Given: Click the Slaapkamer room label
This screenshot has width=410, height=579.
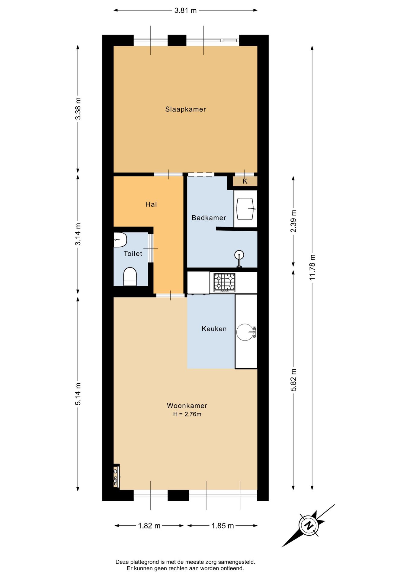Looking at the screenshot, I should click(185, 109).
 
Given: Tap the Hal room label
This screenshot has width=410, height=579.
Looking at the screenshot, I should click(151, 204).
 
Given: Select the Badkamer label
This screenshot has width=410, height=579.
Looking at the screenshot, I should click(209, 218).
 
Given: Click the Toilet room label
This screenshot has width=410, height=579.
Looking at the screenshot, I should click(133, 254).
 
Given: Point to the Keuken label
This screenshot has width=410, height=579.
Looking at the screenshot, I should click(214, 329).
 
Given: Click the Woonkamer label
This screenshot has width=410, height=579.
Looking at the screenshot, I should click(187, 406).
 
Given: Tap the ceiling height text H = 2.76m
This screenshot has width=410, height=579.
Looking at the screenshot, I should click(187, 414).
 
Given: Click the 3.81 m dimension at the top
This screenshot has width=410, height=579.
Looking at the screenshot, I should click(185, 11).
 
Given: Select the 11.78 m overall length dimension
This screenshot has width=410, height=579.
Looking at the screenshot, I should click(312, 267).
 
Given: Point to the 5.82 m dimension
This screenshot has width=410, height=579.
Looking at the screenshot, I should click(293, 380).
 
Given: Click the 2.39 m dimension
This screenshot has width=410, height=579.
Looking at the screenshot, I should click(293, 221).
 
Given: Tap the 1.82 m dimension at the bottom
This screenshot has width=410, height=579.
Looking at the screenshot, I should click(149, 526).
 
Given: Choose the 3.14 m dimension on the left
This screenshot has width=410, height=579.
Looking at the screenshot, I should click(78, 234).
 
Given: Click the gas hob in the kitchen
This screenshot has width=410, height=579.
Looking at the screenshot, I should click(224, 283).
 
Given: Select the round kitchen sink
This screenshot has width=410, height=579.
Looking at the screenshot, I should click(245, 332).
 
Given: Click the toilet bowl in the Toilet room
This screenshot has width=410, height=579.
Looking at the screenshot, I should click(130, 276).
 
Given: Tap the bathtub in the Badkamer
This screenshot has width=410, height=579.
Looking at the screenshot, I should click(245, 209).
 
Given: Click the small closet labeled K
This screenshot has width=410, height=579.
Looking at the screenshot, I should click(245, 181).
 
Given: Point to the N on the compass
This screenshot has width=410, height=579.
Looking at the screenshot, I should click(309, 525).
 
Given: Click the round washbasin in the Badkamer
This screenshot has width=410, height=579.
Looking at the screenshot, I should click(239, 255).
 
